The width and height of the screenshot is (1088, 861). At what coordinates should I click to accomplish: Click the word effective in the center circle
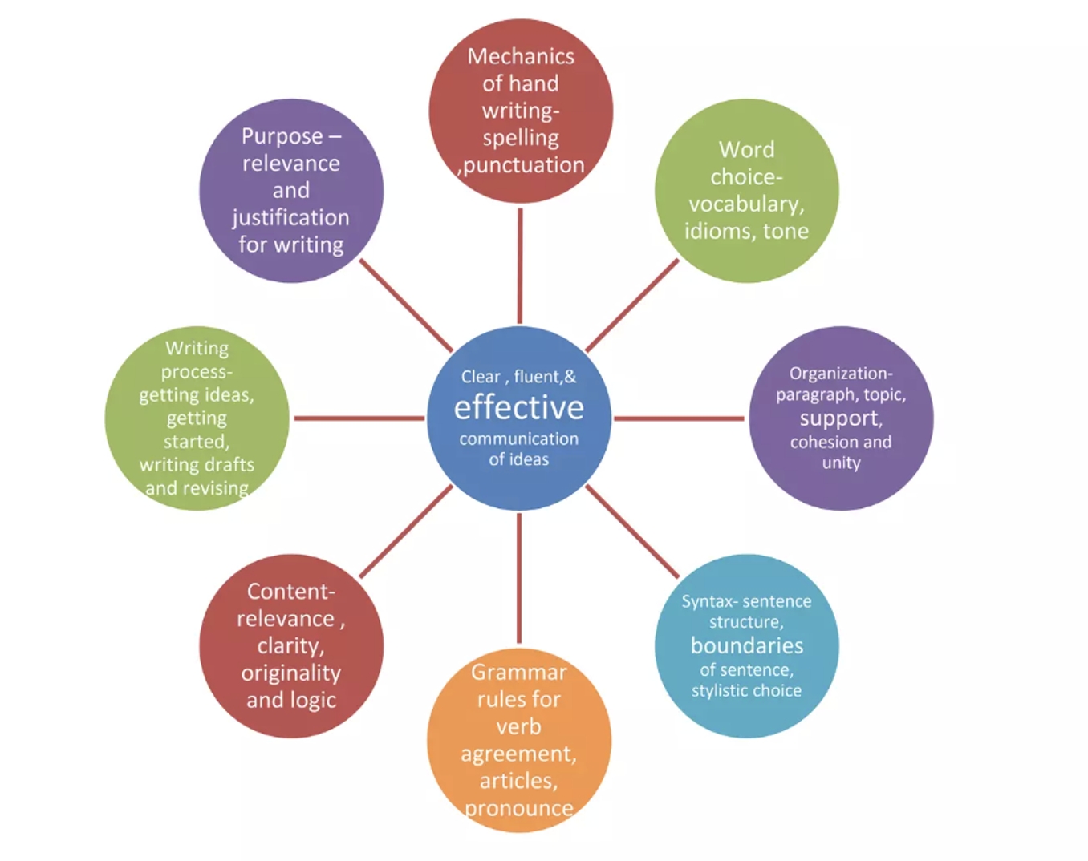coord(518,408)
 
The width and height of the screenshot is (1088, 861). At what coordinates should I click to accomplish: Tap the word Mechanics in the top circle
coord(521,56)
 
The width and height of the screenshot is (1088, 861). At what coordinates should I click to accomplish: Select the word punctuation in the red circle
coord(524,165)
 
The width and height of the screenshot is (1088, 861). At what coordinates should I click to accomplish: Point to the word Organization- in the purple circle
coord(840,374)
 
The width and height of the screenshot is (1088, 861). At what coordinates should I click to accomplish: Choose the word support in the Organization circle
coord(839,418)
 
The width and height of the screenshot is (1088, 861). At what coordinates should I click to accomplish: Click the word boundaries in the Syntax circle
coord(746,646)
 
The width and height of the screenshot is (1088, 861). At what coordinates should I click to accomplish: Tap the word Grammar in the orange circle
coord(518,672)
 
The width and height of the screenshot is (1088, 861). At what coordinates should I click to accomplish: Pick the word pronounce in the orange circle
coord(518,808)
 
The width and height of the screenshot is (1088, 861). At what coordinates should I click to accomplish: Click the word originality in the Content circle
coord(290,673)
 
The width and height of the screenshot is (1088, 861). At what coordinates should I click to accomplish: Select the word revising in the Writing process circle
coord(215,488)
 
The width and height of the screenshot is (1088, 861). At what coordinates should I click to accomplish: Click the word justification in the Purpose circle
coord(290,218)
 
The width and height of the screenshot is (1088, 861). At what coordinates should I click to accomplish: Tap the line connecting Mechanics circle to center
coord(520,265)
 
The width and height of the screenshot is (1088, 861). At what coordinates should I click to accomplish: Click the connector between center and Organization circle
coord(679,418)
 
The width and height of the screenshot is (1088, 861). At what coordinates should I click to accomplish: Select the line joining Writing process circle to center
coord(359,418)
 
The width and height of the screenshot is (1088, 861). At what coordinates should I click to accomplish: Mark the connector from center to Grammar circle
coord(519,578)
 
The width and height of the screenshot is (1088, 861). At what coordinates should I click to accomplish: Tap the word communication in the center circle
coord(518,439)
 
